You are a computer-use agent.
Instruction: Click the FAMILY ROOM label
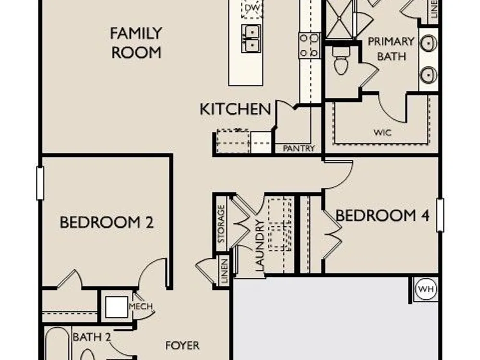[x=136, y=43]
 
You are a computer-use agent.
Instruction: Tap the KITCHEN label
[x=235, y=109]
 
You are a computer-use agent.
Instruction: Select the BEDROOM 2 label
[x=107, y=222]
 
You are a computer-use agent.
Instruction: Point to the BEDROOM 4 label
[x=383, y=216]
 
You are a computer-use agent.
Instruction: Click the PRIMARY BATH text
[x=391, y=49]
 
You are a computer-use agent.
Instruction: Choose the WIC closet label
[x=383, y=132]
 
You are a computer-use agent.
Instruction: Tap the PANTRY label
[x=299, y=148]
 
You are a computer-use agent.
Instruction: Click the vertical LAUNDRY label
[x=259, y=246]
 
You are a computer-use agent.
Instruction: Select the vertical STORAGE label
[x=221, y=224]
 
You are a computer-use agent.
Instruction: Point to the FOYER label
[x=182, y=346]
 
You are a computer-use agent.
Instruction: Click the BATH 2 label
[x=92, y=337]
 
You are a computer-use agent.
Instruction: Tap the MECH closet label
[x=141, y=306]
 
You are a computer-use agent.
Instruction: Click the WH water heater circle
[x=426, y=289]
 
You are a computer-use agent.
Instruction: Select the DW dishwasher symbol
[x=252, y=8]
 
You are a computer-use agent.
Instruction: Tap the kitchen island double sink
[x=252, y=39]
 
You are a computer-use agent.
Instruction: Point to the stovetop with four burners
[x=309, y=45]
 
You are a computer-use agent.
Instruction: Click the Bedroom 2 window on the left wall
[x=40, y=183]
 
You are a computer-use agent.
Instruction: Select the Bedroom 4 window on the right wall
[x=440, y=215]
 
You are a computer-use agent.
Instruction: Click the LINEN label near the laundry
[x=225, y=271]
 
